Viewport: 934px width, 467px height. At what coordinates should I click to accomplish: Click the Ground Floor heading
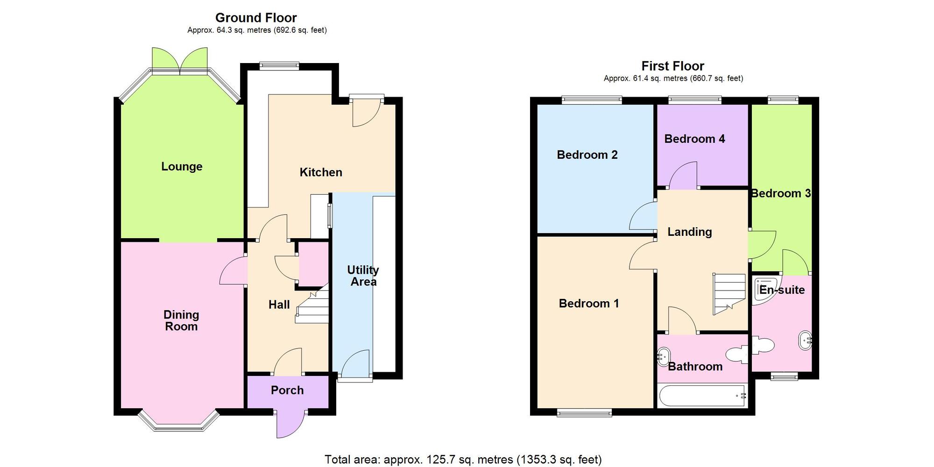[x=256, y=18]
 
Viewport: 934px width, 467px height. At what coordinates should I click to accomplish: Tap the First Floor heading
[x=672, y=66]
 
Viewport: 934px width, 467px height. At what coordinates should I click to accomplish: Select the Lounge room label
[x=182, y=167]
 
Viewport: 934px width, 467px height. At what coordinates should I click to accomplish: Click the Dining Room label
[x=181, y=320]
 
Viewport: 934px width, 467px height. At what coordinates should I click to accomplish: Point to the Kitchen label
[x=321, y=172]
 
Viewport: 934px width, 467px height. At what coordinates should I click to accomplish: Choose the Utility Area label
[x=363, y=276]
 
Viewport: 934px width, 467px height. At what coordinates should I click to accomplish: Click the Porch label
[x=287, y=390]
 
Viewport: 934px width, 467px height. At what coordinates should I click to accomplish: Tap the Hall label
[x=279, y=305]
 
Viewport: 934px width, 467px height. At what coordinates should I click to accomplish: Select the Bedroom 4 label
[x=694, y=139]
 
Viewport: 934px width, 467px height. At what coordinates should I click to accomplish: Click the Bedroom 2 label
[x=587, y=155]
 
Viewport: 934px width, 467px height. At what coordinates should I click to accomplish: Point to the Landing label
[x=689, y=232]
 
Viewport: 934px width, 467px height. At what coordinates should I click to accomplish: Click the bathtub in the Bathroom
[x=702, y=396]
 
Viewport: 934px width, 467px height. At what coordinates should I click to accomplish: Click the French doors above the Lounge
[x=180, y=60]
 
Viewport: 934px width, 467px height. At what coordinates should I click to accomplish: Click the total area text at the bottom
[x=463, y=460]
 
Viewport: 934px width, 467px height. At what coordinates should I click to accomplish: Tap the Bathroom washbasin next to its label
[x=664, y=356]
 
